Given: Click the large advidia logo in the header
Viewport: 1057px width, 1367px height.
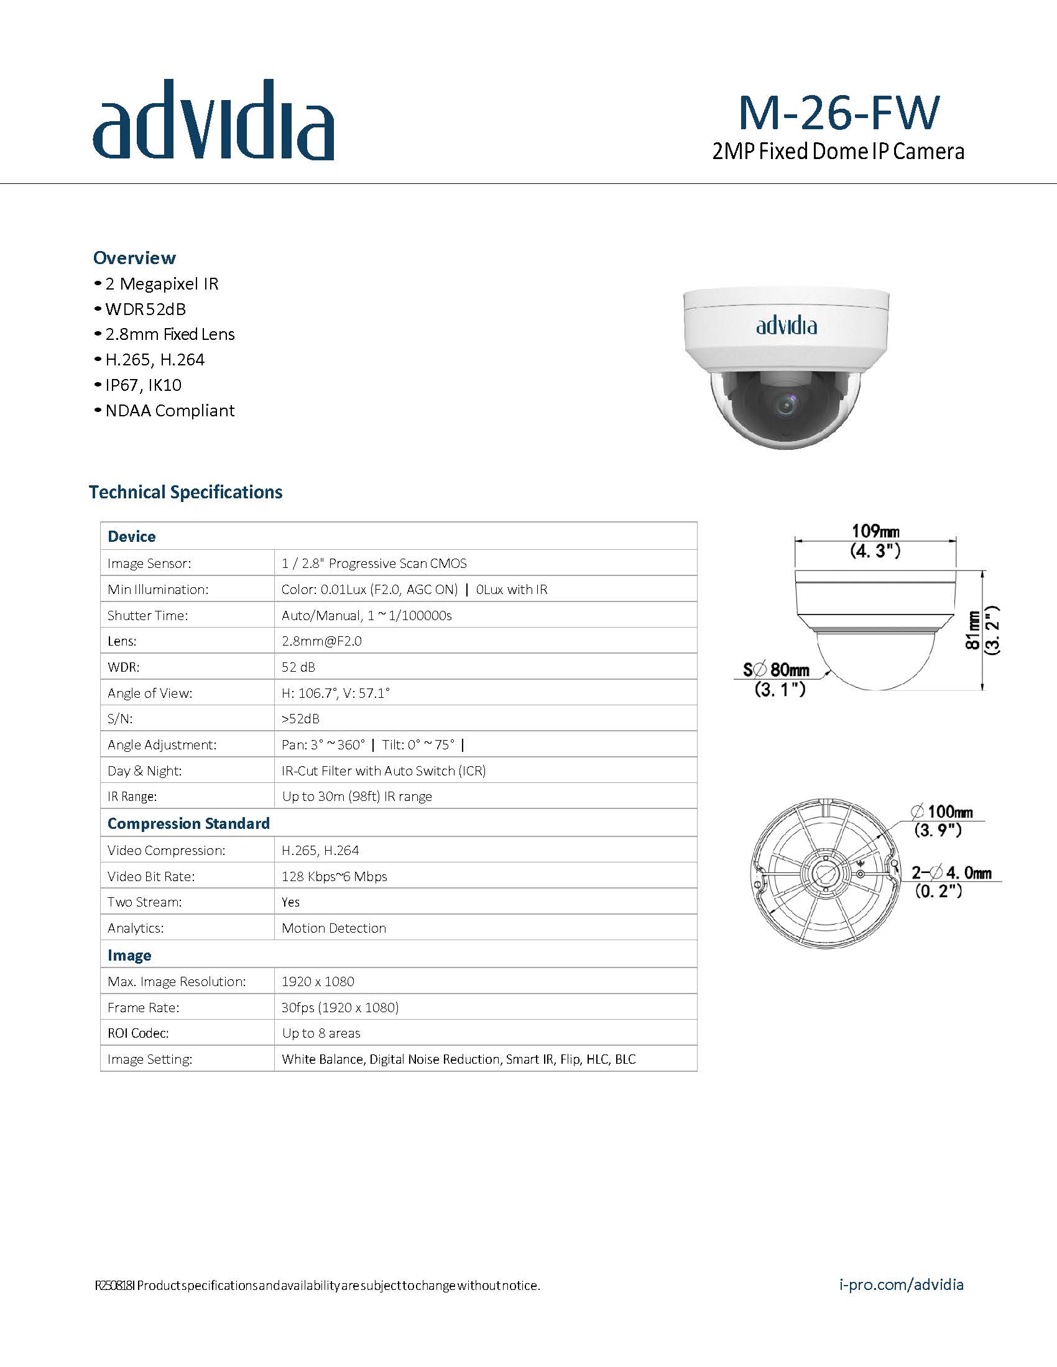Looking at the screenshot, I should coord(213,120).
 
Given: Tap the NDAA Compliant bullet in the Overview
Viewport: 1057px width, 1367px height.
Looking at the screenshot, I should coord(170,411).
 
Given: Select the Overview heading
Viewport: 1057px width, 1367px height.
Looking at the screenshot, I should coord(135,258).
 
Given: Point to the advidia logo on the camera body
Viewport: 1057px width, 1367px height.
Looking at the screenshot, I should coord(787,326).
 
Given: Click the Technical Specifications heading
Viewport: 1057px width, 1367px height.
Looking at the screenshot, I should coord(186,492).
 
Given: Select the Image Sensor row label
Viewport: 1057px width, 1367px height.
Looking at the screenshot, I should coord(149,564).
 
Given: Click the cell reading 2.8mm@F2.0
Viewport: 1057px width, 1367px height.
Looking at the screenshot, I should coord(321,641).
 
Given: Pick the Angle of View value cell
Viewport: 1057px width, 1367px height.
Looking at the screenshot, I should coord(336,693).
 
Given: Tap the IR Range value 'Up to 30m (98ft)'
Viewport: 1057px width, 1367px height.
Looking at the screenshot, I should coord(357,796).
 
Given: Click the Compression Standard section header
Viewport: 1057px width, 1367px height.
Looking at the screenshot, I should coord(188,823).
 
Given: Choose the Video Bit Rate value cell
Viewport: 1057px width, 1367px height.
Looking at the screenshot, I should coord(335,876).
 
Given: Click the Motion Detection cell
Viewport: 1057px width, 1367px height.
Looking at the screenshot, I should coord(334,928).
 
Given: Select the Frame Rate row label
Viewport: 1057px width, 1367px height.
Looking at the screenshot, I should coord(144,1007).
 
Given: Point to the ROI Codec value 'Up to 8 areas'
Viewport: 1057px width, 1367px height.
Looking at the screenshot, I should coord(321,1033).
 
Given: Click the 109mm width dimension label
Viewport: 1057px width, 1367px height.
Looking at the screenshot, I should coord(875,531).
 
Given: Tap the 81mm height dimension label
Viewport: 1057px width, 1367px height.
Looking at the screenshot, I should coord(972,630).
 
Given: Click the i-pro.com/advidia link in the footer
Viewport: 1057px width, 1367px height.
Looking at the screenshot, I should coord(900,1285).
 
